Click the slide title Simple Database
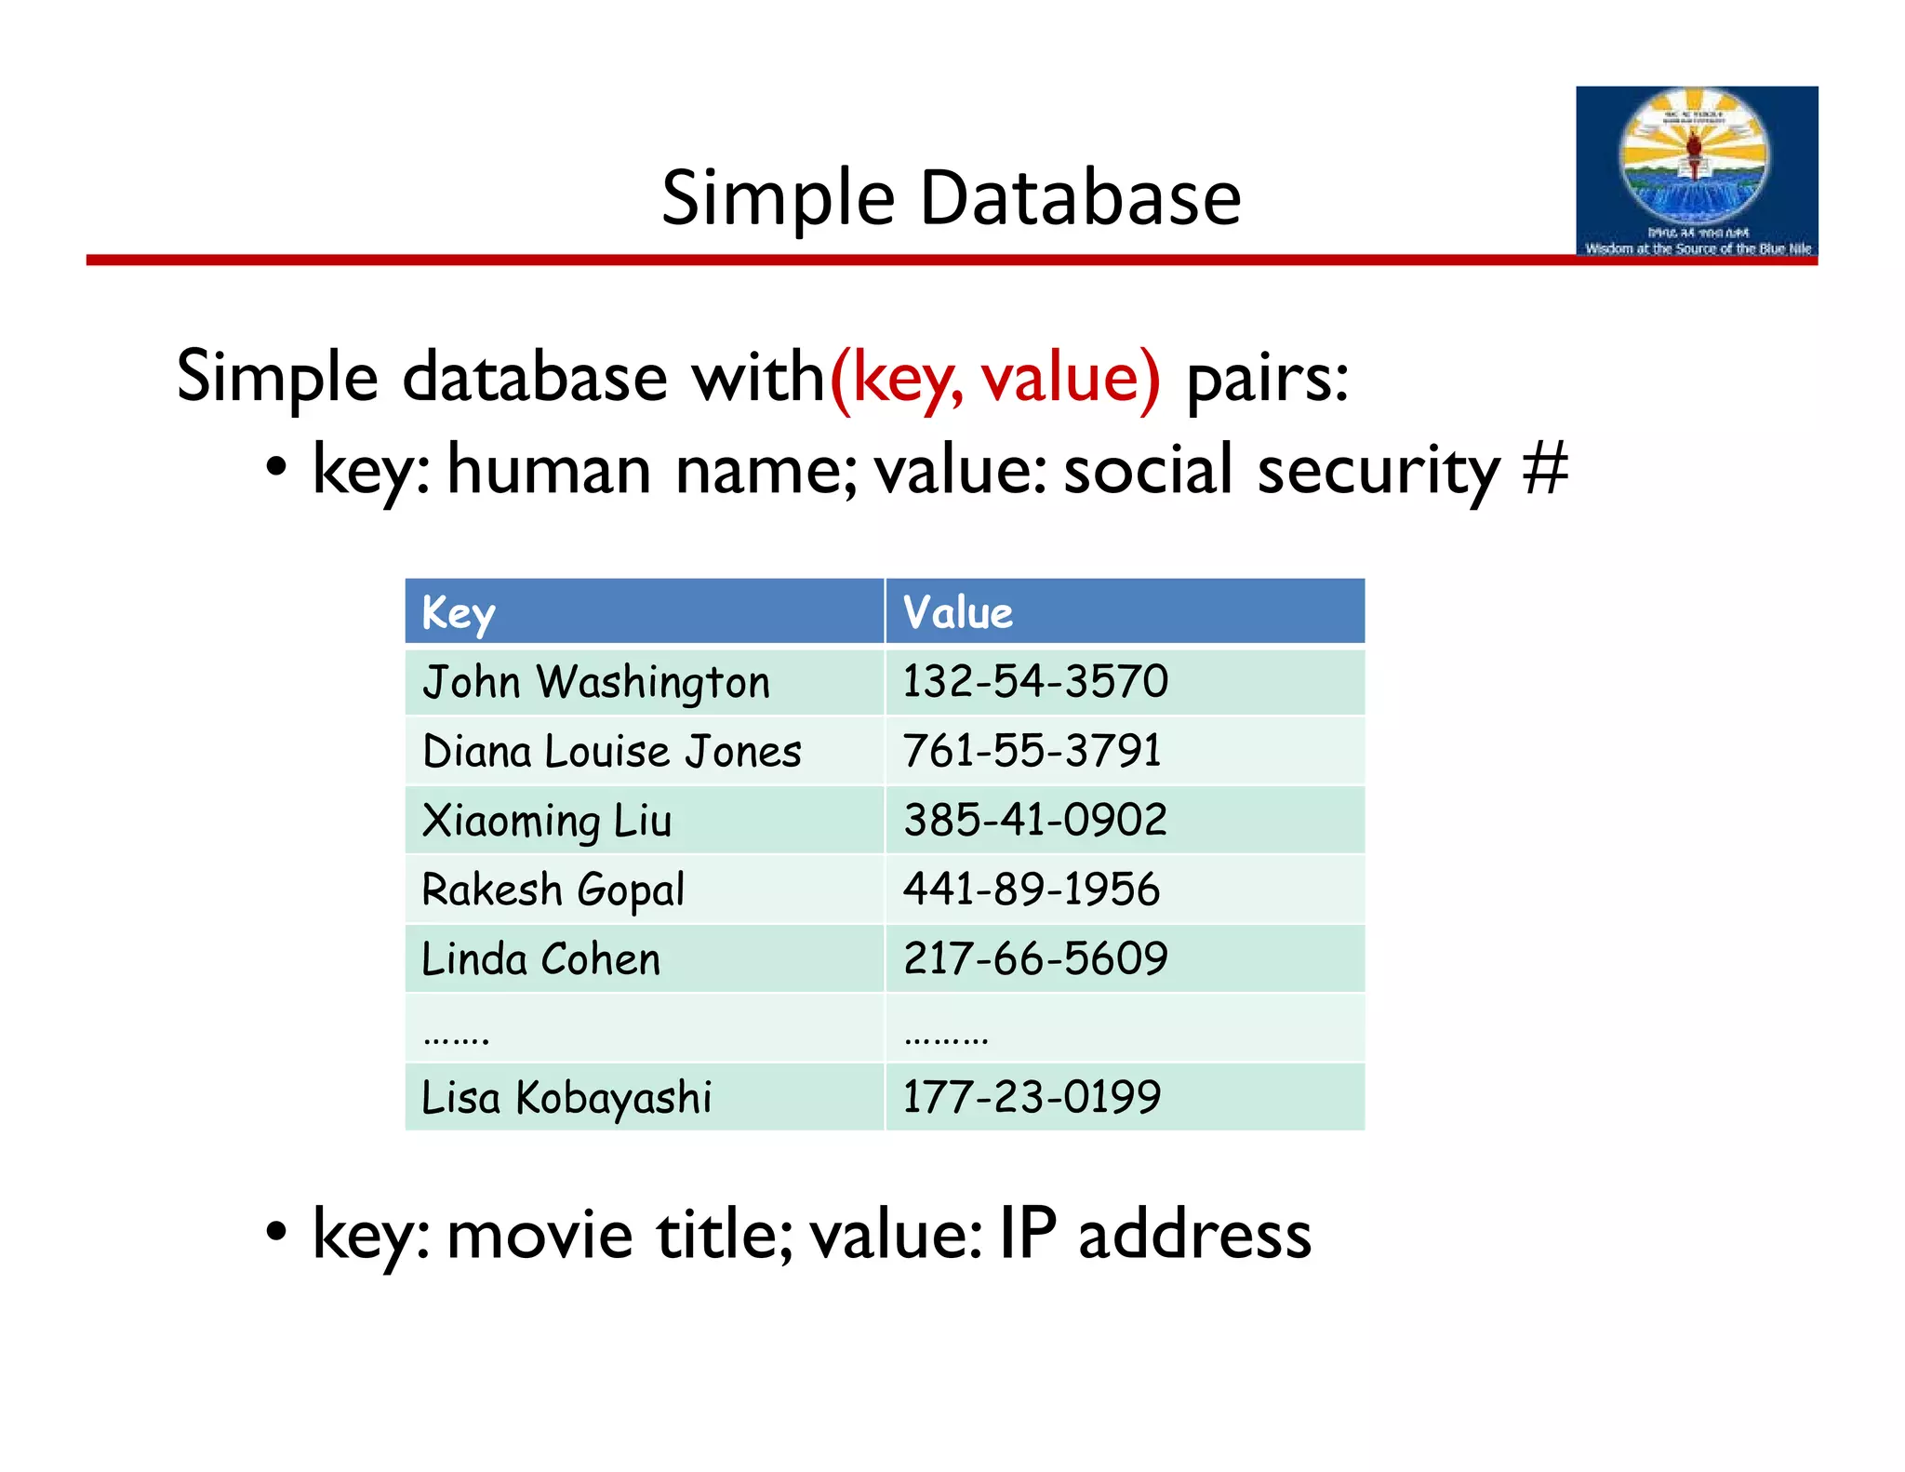(x=951, y=198)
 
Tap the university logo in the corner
(x=1696, y=172)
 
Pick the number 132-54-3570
(x=1035, y=681)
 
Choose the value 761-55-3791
(x=1032, y=751)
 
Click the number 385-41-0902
(x=1035, y=820)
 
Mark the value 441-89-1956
(x=1032, y=890)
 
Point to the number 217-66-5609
(x=1035, y=958)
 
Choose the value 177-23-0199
(x=1032, y=1097)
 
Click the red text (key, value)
(x=994, y=378)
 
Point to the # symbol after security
(x=1545, y=469)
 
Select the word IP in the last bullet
(x=1028, y=1234)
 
